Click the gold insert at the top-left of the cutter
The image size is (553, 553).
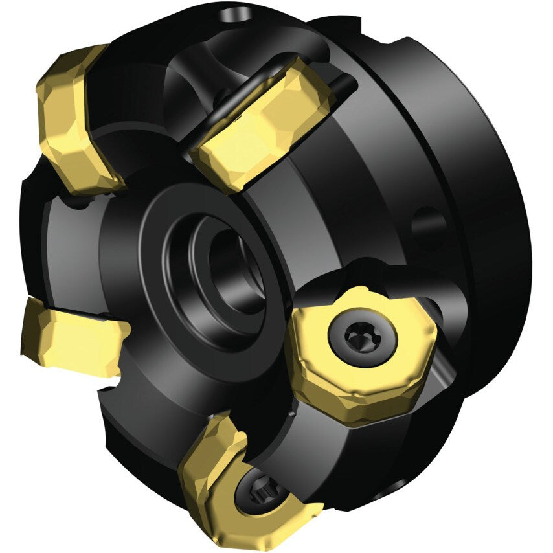pyautogui.click(x=74, y=120)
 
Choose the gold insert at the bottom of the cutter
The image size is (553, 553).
pyautogui.click(x=240, y=486)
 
